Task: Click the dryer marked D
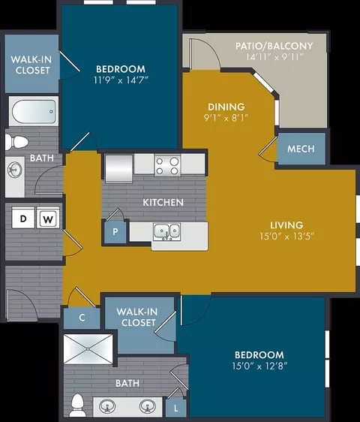[23, 218]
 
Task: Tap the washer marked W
[48, 218]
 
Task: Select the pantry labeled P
[115, 231]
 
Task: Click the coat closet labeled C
[82, 318]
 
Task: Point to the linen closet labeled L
[175, 408]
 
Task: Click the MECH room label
[301, 149]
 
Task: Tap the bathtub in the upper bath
[34, 111]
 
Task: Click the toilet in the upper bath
[16, 142]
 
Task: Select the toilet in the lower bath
[78, 405]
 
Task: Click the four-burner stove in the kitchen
[167, 165]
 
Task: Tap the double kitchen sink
[167, 232]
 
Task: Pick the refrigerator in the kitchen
[118, 168]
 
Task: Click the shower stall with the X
[88, 349]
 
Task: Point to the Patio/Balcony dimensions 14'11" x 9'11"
[274, 57]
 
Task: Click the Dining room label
[226, 107]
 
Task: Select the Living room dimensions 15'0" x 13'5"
[286, 237]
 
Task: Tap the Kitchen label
[163, 203]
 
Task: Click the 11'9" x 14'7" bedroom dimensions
[121, 80]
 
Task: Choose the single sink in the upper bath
[14, 170]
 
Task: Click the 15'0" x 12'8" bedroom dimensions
[259, 366]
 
